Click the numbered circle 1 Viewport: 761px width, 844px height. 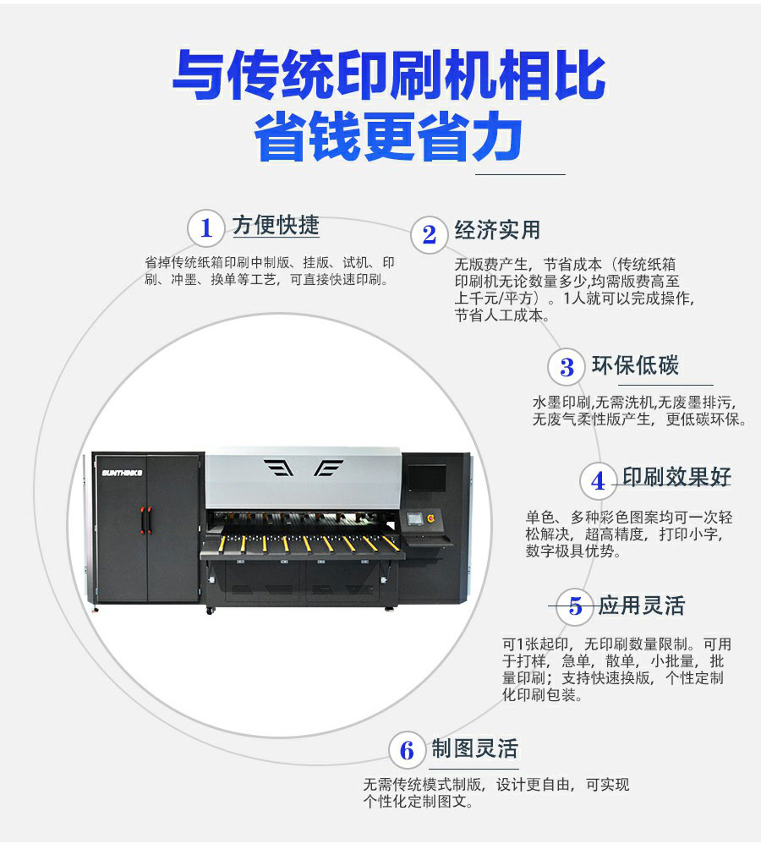[206, 228]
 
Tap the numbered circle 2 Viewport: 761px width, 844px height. [429, 234]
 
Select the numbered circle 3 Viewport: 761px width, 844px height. [567, 367]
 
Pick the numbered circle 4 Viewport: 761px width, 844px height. [598, 480]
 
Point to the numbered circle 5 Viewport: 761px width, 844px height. [575, 606]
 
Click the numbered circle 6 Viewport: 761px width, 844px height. [408, 750]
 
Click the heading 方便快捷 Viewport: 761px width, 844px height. [276, 225]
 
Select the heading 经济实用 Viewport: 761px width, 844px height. [497, 230]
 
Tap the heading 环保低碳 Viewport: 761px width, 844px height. [635, 365]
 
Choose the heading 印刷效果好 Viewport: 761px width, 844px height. [676, 477]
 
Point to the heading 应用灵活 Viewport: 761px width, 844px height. [642, 606]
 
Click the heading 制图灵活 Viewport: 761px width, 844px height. [474, 748]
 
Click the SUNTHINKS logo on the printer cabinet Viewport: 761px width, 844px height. [122, 473]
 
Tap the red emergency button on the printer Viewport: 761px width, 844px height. [430, 518]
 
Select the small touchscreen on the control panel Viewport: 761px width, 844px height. [414, 519]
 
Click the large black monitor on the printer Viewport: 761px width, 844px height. [426, 478]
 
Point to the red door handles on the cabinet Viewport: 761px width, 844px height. [145, 519]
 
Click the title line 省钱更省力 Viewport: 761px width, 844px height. [389, 136]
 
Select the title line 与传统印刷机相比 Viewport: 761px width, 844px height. [389, 74]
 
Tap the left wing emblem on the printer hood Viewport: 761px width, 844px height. [279, 468]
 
